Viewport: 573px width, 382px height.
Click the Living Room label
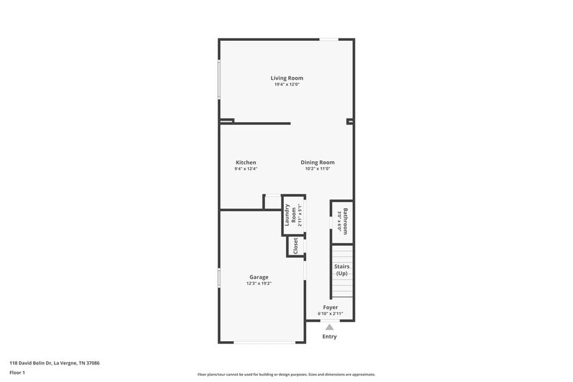(x=287, y=78)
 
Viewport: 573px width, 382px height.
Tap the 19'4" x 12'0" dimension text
(x=287, y=84)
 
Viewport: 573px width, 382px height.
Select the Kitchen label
(x=246, y=162)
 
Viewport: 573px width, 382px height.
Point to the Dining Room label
(x=318, y=162)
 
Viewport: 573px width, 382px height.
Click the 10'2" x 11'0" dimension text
(x=318, y=169)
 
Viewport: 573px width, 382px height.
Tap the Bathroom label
(x=346, y=221)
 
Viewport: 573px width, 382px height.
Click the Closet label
(x=296, y=246)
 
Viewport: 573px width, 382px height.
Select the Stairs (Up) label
(x=342, y=270)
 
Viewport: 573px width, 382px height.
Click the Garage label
(x=259, y=277)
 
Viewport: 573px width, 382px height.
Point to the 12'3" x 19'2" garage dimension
(x=259, y=283)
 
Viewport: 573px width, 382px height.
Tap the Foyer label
(x=330, y=307)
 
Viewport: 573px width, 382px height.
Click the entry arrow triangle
(x=329, y=327)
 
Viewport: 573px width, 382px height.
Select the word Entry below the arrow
(x=329, y=337)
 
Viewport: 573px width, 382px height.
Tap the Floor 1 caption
(x=17, y=372)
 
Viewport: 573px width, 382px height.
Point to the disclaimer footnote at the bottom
(x=286, y=375)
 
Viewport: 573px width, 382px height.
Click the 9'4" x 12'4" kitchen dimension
(x=246, y=169)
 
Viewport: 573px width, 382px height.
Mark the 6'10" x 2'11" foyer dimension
(x=330, y=314)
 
